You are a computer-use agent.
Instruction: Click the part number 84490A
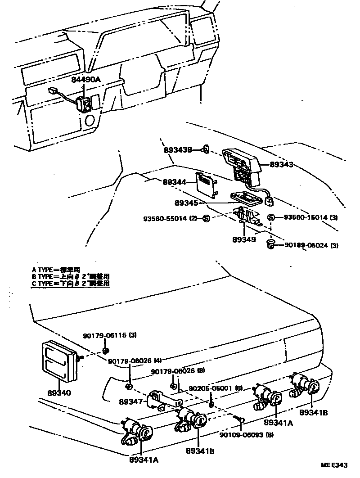(86, 80)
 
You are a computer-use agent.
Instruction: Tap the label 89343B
(178, 149)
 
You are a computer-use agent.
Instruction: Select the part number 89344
(174, 182)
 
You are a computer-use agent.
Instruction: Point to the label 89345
(186, 203)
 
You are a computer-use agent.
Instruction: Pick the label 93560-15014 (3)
(311, 218)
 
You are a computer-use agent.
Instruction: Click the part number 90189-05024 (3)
(311, 245)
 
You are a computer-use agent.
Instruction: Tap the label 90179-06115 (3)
(110, 335)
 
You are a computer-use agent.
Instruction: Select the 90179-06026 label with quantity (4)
(135, 361)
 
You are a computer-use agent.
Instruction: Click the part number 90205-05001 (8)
(216, 388)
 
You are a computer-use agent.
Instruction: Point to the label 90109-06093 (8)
(247, 435)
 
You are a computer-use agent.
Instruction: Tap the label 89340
(59, 392)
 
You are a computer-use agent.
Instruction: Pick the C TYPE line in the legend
(71, 284)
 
